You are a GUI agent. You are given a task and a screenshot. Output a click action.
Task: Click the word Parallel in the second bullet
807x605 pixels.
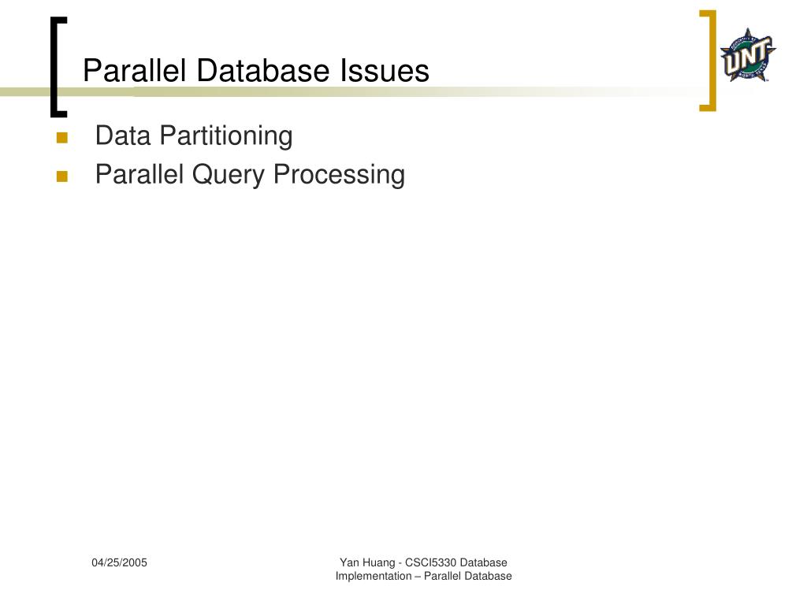[139, 174]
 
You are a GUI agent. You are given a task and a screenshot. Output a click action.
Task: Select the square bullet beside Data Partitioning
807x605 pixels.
[62, 138]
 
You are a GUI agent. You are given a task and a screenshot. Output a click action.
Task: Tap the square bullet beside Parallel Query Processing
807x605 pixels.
[62, 176]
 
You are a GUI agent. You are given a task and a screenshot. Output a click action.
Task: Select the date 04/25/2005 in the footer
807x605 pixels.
[119, 562]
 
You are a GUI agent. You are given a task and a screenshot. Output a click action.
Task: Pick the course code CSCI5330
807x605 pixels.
[431, 562]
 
